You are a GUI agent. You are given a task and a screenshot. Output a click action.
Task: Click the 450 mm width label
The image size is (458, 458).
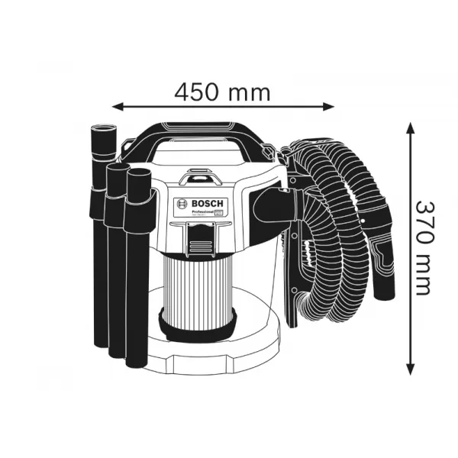(222, 92)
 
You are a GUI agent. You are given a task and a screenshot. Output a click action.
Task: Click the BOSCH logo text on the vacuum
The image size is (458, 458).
(204, 203)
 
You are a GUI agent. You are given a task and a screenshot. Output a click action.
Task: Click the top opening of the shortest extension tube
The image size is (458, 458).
(138, 173)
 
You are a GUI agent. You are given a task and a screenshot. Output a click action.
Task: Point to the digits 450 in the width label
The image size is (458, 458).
(201, 92)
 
